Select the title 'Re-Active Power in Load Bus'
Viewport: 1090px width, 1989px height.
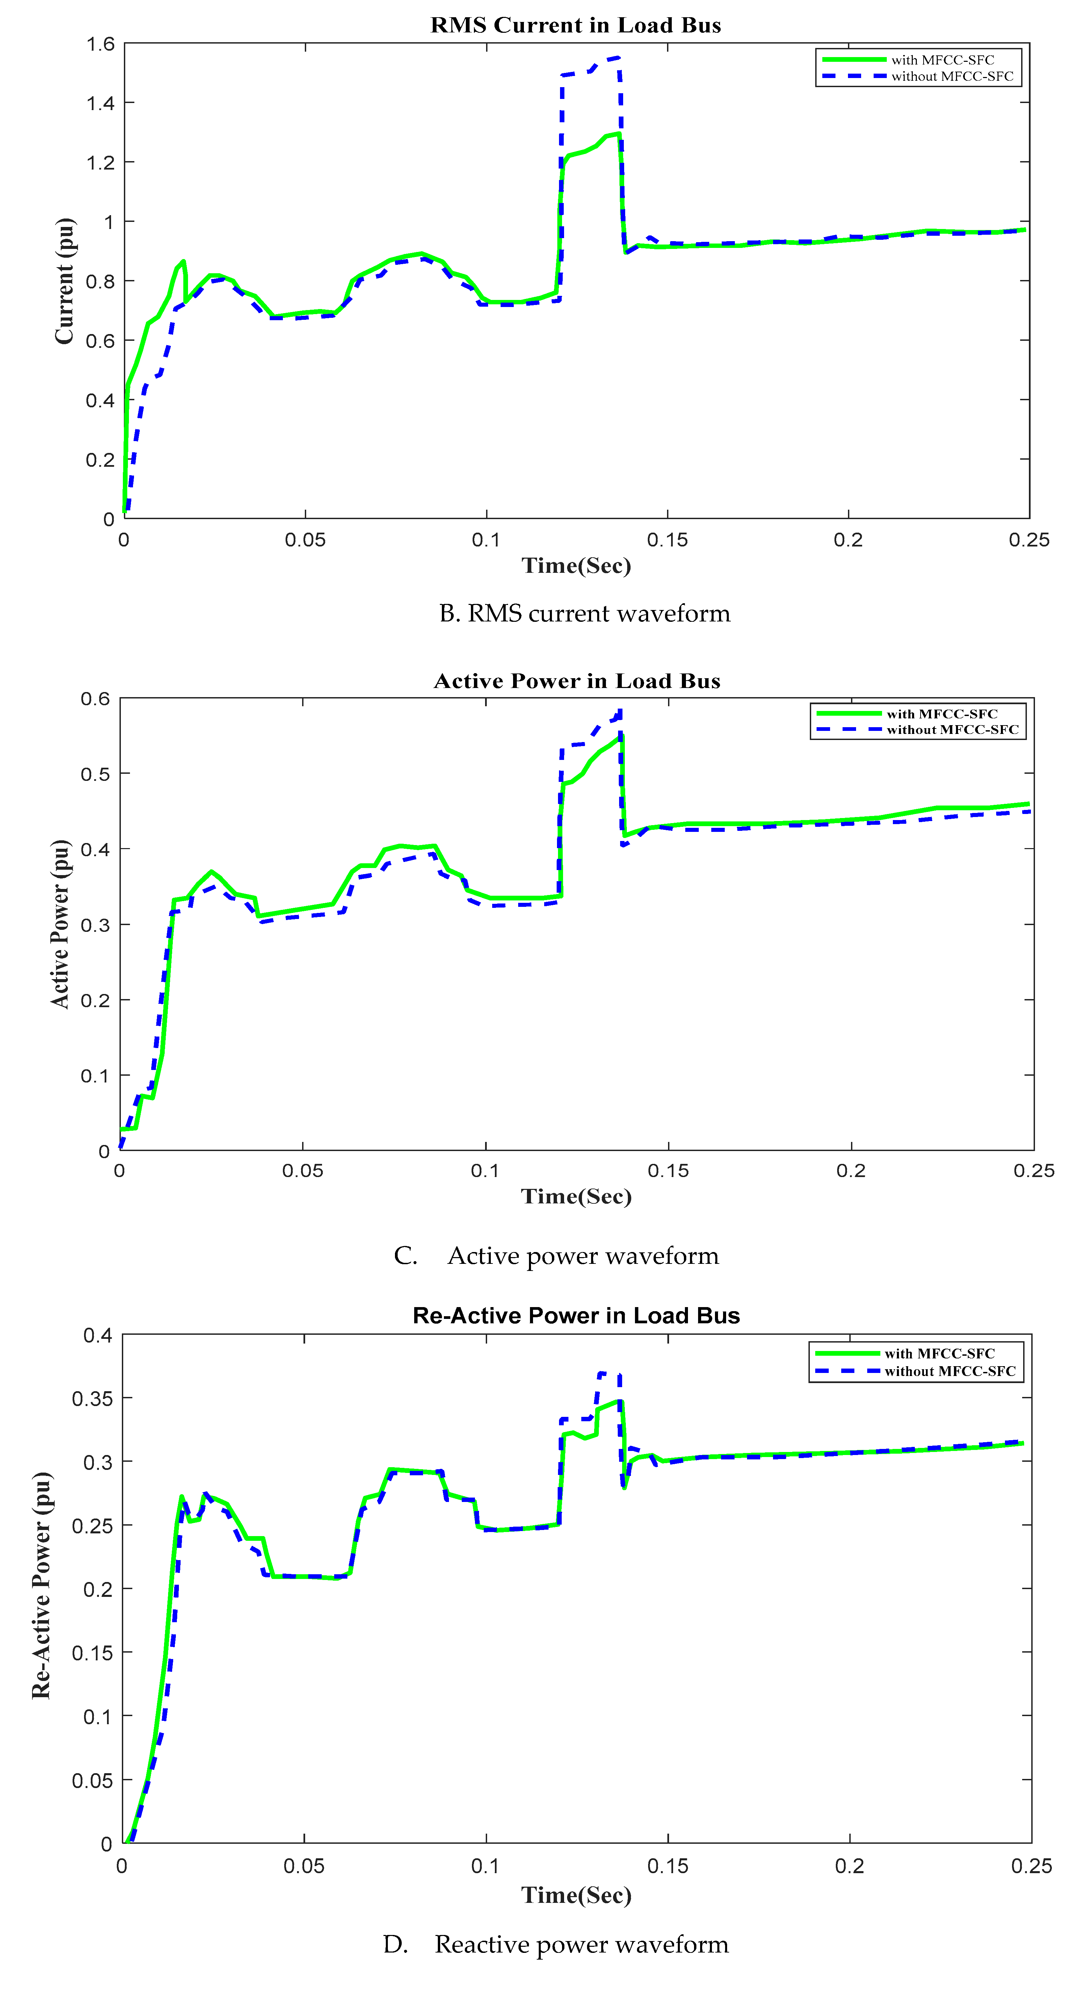pos(576,1316)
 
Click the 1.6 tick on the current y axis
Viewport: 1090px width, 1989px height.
pos(100,44)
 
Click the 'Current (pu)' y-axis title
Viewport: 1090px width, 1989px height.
pos(65,281)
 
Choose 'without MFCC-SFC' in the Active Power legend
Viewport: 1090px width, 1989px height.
pos(952,730)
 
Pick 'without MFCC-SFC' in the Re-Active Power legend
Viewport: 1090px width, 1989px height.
pos(950,1371)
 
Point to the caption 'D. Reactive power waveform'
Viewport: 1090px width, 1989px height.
pos(556,1944)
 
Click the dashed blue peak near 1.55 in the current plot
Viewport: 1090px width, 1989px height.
pos(617,57)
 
